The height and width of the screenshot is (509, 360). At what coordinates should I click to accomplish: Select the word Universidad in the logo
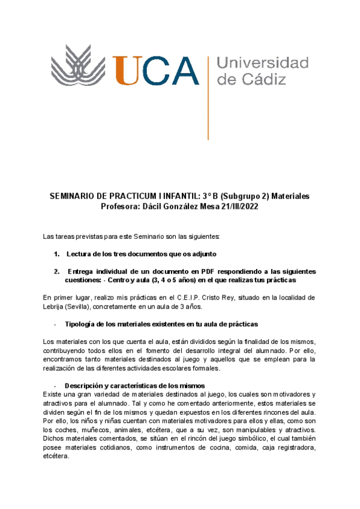pos(262,63)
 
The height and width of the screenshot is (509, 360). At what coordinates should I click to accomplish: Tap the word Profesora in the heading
pos(123,207)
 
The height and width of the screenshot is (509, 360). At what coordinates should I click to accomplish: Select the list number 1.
pos(57,254)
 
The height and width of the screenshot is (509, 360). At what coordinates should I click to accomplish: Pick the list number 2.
pos(57,272)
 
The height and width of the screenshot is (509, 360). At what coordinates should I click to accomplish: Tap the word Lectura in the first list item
pos(79,254)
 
